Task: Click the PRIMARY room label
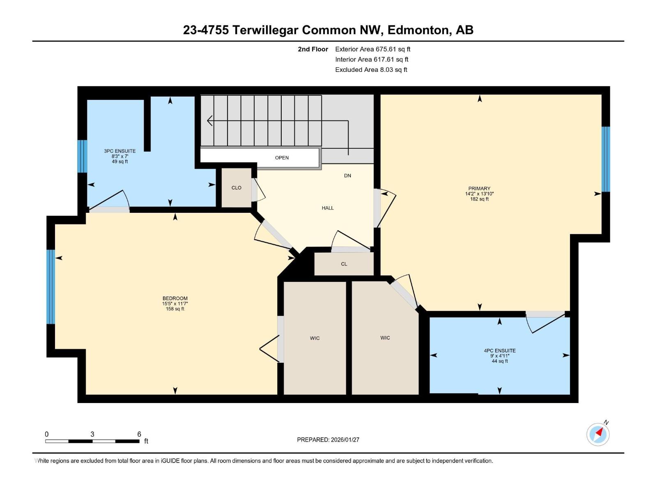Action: [479, 189]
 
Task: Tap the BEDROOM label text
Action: [175, 299]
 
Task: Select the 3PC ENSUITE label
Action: [119, 151]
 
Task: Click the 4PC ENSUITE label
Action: [500, 351]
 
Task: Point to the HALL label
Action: [328, 208]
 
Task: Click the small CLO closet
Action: [237, 188]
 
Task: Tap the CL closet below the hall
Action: [344, 264]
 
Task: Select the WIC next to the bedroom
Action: [315, 338]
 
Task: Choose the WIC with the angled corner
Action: [385, 338]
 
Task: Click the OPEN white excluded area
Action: [282, 158]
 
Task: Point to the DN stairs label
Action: [348, 176]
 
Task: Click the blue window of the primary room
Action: [606, 159]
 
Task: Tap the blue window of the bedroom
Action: [51, 287]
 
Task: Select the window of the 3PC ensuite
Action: [83, 157]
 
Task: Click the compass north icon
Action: [598, 434]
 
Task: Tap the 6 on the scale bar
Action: [139, 434]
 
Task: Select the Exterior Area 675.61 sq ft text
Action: [372, 49]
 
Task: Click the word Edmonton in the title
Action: [418, 30]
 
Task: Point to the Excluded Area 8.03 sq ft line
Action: [371, 70]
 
